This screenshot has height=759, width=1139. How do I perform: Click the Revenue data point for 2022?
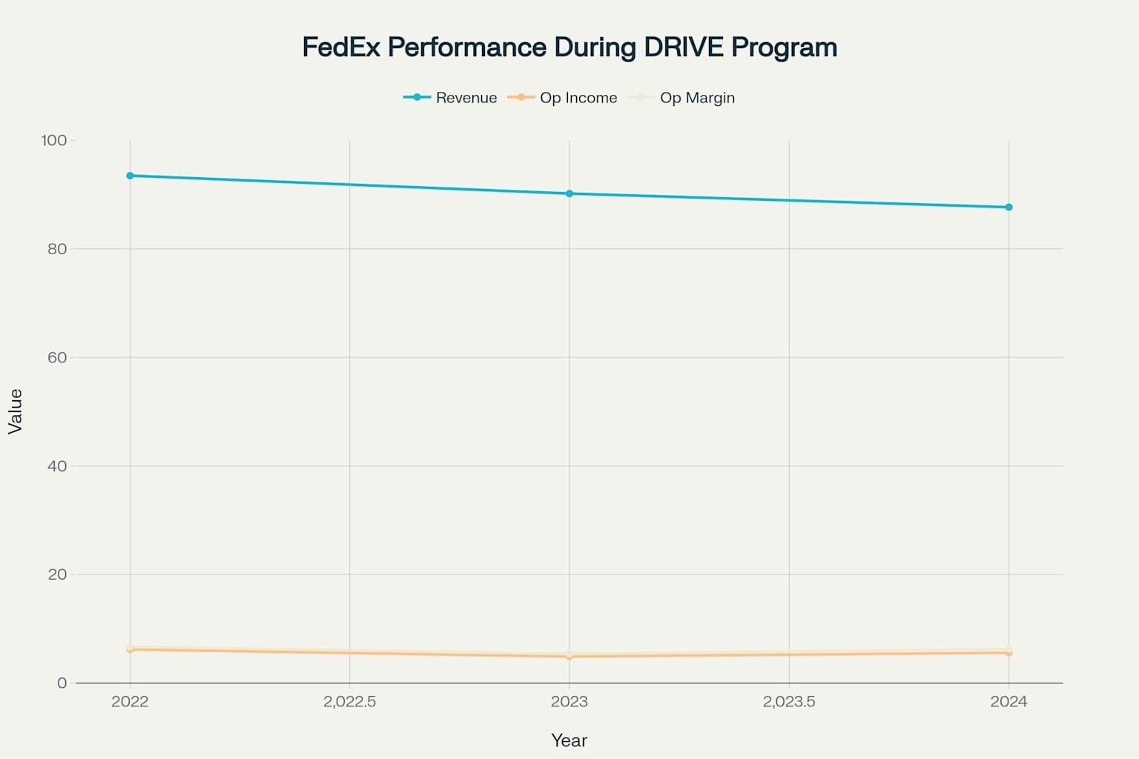pyautogui.click(x=130, y=176)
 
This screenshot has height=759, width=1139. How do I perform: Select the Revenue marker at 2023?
pyautogui.click(x=569, y=193)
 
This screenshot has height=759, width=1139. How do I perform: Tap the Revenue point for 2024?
pyautogui.click(x=1008, y=208)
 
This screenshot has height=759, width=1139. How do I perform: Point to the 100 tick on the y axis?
pyautogui.click(x=54, y=140)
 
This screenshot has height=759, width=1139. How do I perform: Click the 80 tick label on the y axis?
pyautogui.click(x=57, y=249)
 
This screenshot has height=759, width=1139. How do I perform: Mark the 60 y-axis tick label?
pyautogui.click(x=57, y=357)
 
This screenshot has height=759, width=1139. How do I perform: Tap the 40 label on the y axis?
pyautogui.click(x=57, y=466)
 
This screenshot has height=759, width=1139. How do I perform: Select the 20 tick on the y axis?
pyautogui.click(x=57, y=574)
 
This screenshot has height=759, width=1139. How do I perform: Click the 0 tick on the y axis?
pyautogui.click(x=62, y=683)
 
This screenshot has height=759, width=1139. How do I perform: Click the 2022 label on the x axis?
pyautogui.click(x=130, y=702)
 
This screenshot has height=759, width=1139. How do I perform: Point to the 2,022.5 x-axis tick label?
pyautogui.click(x=349, y=702)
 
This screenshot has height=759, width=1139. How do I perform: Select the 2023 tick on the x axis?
pyautogui.click(x=569, y=702)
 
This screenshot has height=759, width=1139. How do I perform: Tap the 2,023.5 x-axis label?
pyautogui.click(x=789, y=702)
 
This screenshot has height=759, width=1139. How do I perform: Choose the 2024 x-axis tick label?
pyautogui.click(x=1008, y=702)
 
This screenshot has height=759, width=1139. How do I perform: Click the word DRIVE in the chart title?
pyautogui.click(x=683, y=47)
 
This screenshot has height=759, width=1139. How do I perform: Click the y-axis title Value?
pyautogui.click(x=16, y=411)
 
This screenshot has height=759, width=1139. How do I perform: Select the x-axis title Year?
pyautogui.click(x=569, y=740)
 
